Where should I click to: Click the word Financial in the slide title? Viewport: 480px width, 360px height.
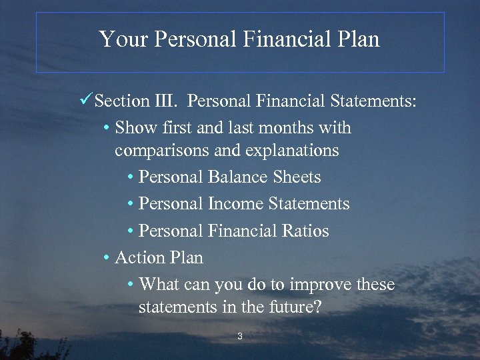click(285, 39)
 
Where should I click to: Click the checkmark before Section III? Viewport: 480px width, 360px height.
click(85, 101)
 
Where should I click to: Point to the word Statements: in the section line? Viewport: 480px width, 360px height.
click(373, 101)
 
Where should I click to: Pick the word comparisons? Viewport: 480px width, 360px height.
click(162, 151)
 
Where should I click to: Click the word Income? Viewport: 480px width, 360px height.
click(235, 204)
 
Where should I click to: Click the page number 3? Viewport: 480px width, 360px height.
click(240, 337)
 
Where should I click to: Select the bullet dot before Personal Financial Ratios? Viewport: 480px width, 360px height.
click(131, 231)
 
